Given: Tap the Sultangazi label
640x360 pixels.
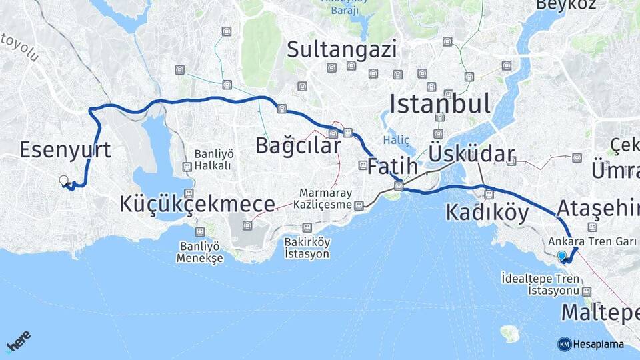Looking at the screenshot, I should click(x=342, y=49).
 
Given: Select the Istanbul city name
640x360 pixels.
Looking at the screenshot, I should click(x=439, y=104).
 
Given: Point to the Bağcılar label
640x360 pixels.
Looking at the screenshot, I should click(x=298, y=145).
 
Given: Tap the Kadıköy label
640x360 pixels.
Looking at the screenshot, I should click(x=487, y=213).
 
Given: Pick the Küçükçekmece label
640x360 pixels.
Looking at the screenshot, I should click(x=197, y=205).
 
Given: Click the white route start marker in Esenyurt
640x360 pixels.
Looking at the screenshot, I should click(x=63, y=181).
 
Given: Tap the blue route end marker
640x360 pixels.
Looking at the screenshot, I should click(x=562, y=255).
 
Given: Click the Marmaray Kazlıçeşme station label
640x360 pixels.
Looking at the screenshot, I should click(x=325, y=199).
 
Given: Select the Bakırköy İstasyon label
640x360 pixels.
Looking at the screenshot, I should click(x=307, y=247).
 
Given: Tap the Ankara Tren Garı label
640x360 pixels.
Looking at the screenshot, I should click(x=594, y=241).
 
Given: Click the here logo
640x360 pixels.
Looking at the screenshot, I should click(x=18, y=342).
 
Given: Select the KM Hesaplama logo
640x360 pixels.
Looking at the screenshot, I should click(x=591, y=344).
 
